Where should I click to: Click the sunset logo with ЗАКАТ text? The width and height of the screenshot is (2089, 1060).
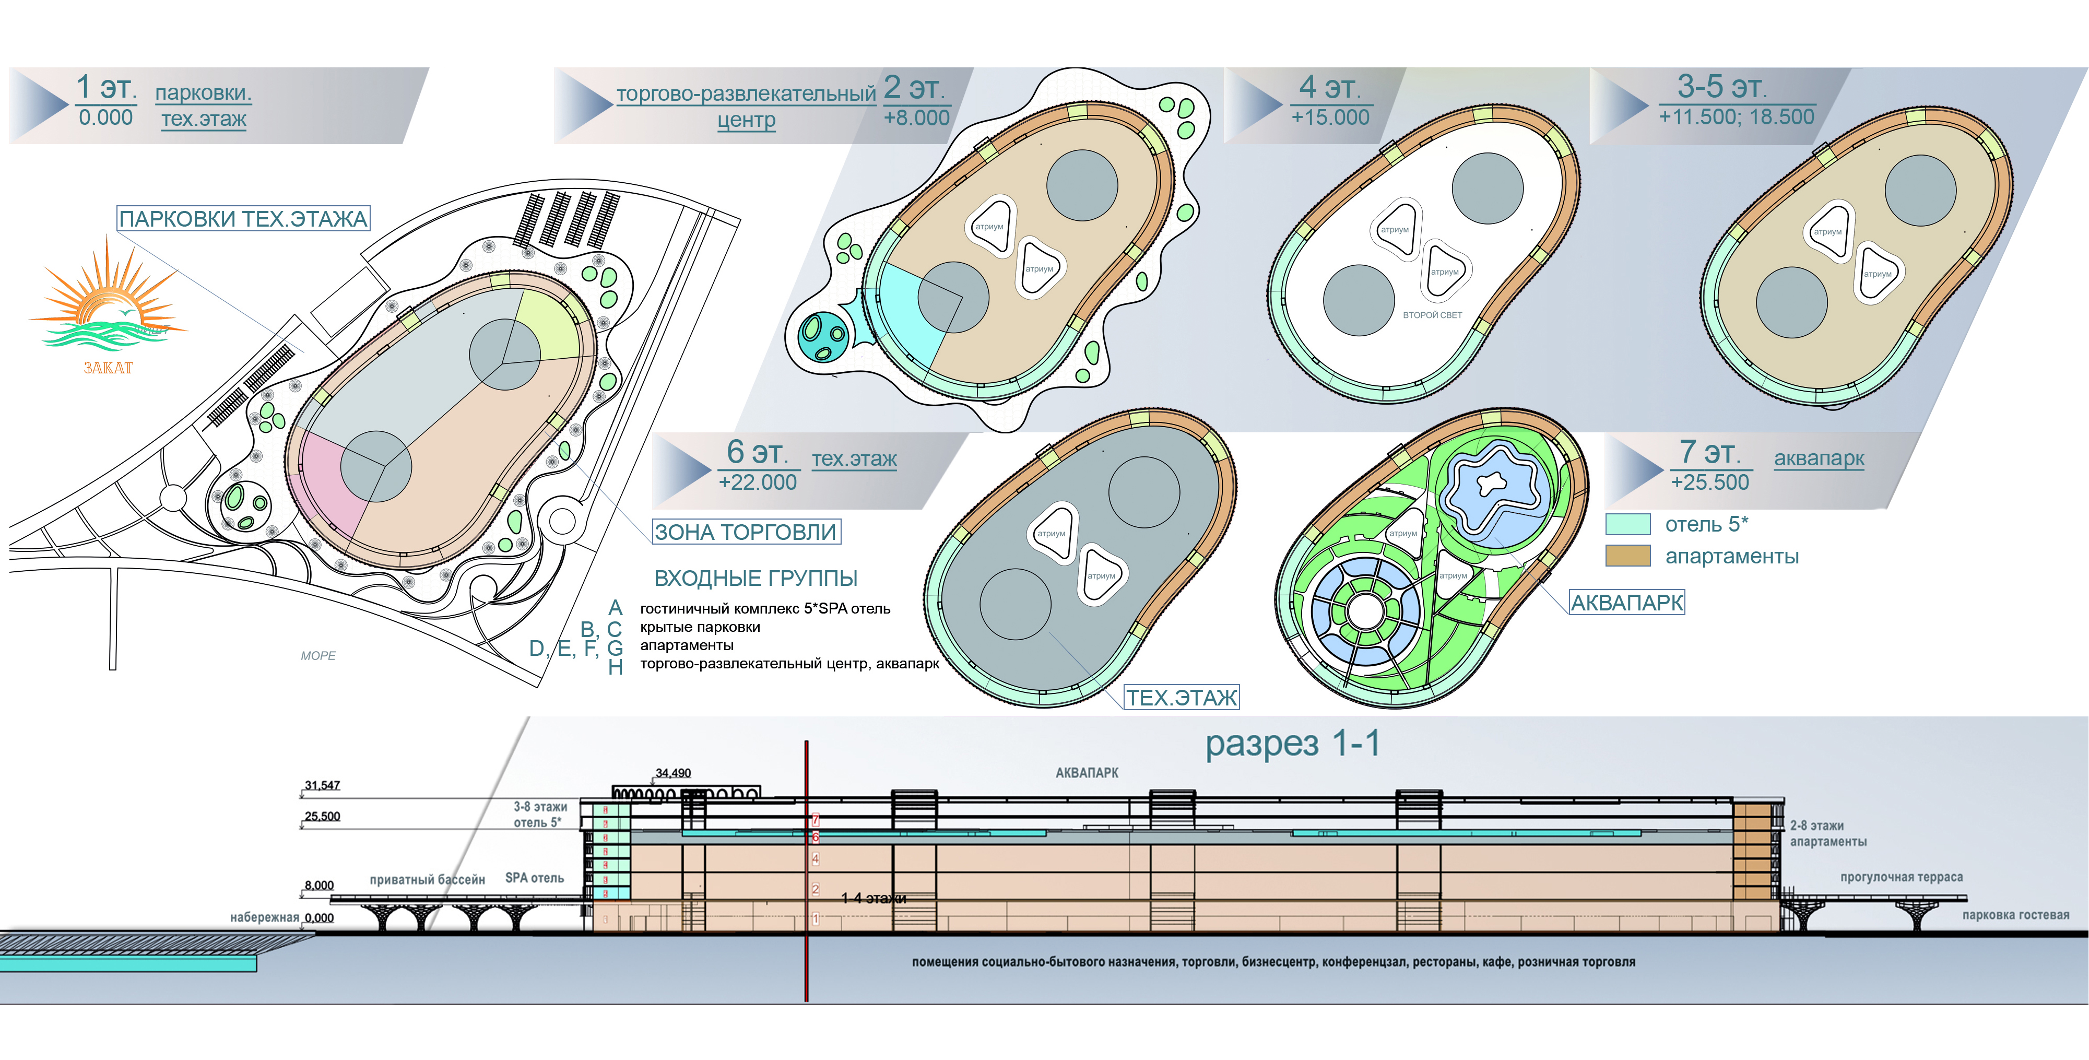(107, 308)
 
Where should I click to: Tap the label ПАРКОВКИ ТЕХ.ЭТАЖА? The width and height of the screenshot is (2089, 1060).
(243, 219)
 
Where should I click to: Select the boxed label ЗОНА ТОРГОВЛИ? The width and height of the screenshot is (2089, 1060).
(746, 532)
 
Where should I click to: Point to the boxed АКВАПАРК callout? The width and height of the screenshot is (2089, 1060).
(1627, 603)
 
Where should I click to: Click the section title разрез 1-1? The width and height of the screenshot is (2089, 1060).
(1292, 743)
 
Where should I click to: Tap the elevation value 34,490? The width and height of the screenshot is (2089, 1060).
(673, 773)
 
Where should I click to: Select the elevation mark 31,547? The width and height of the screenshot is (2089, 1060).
(322, 785)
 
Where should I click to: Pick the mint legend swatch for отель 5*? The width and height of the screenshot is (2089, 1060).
(1627, 524)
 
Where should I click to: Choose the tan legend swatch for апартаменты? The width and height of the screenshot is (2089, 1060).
(1627, 556)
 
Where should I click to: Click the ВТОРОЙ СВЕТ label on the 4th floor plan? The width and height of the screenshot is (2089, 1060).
(1432, 315)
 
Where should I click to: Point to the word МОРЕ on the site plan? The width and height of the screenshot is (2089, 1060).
(318, 655)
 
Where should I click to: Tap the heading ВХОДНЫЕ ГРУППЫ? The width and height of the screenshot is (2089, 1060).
(755, 578)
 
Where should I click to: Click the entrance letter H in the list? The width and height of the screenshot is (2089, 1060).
(616, 667)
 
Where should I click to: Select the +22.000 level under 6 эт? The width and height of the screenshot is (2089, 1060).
(758, 482)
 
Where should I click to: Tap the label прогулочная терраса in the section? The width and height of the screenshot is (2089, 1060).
(1901, 877)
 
